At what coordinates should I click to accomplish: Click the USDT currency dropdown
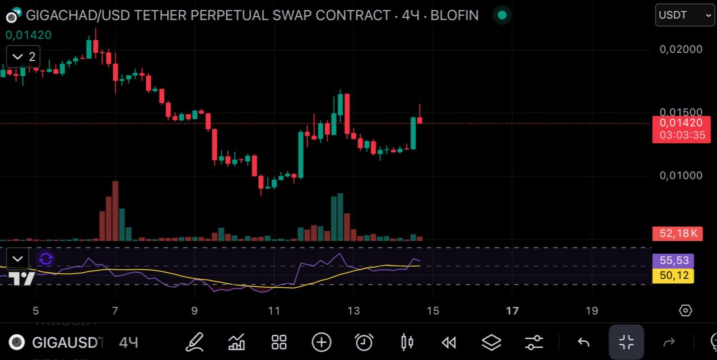685,15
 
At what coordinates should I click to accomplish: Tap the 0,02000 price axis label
681,49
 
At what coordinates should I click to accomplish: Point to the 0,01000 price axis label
681,176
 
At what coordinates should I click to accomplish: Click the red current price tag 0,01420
681,123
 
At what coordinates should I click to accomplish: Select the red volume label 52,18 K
677,233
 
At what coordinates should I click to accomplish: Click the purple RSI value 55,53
673,260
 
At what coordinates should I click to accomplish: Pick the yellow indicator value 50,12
673,275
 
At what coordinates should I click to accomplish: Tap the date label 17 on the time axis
512,311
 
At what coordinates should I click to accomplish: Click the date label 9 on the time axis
194,311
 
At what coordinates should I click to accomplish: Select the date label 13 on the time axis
353,311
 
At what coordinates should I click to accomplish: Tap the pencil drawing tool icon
194,342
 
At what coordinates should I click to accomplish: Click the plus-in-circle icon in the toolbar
322,342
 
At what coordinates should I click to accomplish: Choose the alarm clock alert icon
364,342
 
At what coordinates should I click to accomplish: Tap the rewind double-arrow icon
449,342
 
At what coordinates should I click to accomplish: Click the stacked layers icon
491,342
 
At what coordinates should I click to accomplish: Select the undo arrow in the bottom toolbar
584,342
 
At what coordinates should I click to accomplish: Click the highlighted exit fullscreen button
626,342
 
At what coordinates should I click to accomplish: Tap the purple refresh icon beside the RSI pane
46,259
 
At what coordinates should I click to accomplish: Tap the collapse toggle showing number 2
24,57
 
